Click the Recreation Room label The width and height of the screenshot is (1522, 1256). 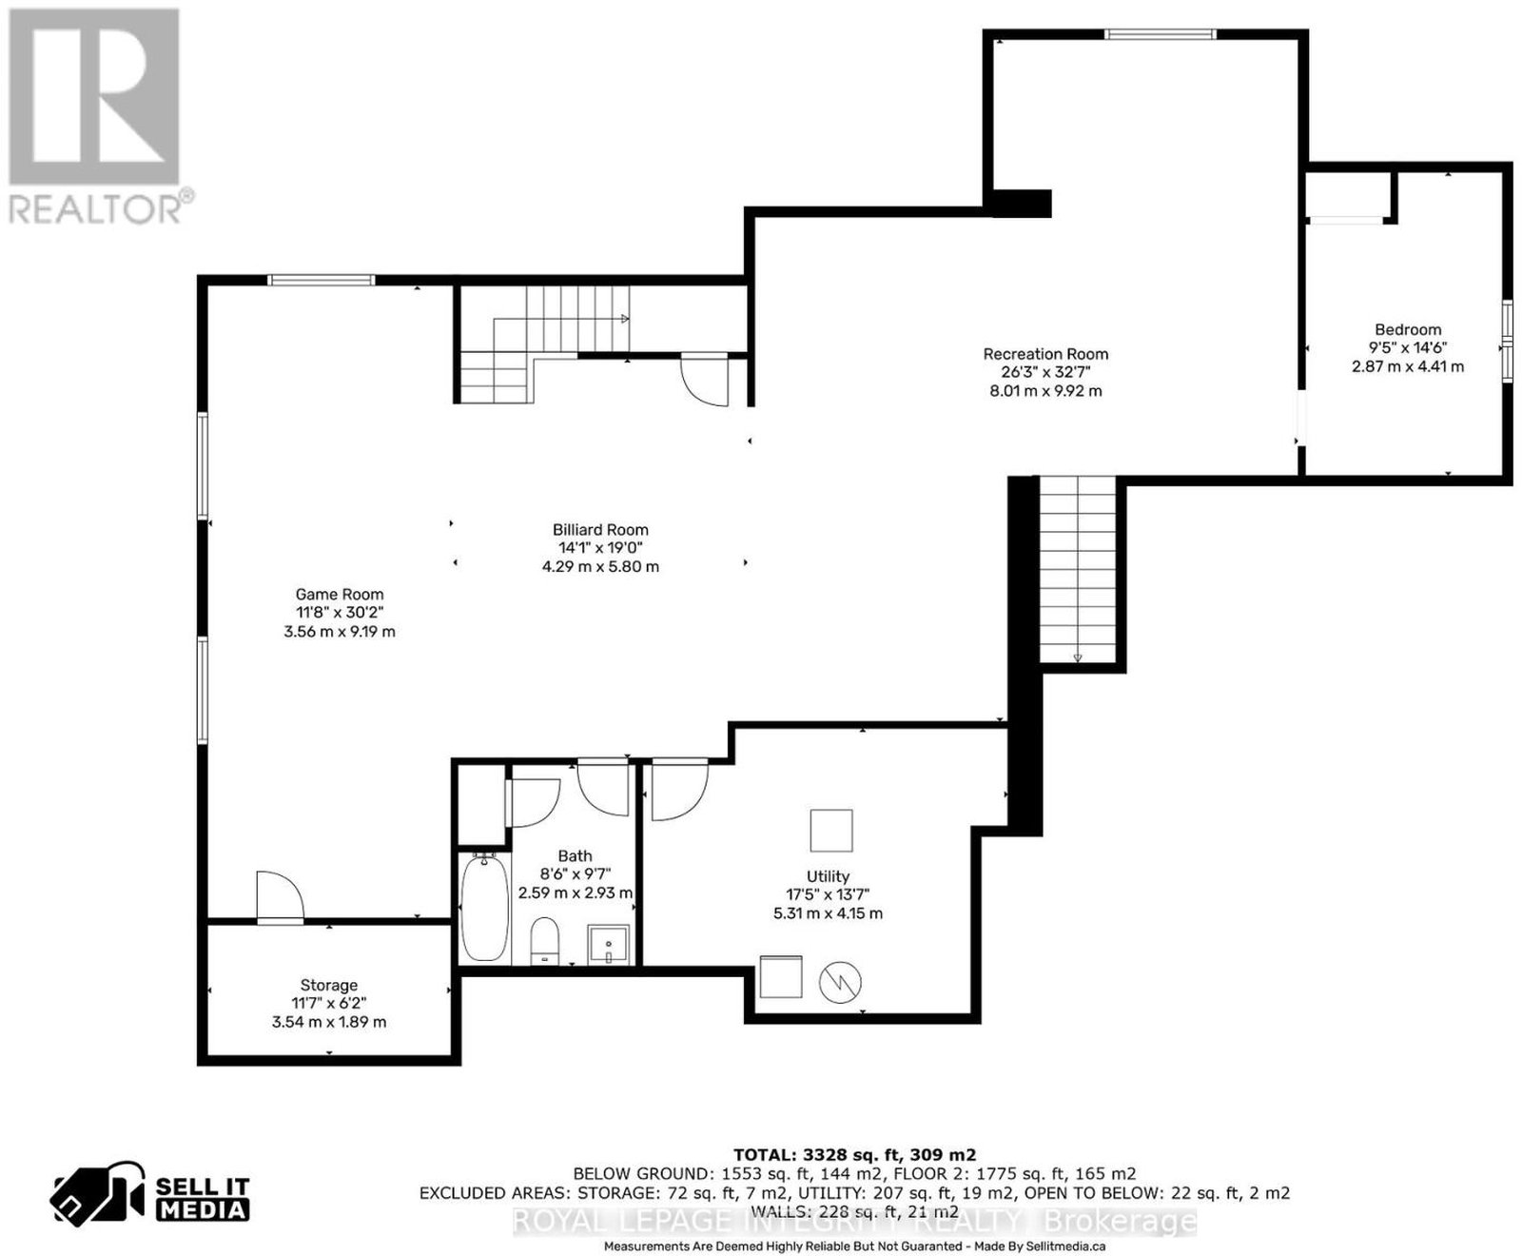click(1045, 354)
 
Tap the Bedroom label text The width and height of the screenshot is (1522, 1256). click(1408, 330)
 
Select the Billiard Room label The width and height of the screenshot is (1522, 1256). click(600, 530)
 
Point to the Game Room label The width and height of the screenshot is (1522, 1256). click(340, 595)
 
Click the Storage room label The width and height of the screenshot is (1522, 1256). click(329, 986)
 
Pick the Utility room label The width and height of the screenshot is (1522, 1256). click(828, 876)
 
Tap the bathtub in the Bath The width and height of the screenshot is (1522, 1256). click(484, 907)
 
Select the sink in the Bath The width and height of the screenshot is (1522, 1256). click(608, 944)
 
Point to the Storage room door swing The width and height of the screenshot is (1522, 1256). click(280, 895)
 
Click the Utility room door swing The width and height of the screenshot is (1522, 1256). click(679, 789)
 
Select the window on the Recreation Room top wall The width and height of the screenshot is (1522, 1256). click(1160, 34)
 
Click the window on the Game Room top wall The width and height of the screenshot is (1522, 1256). click(321, 280)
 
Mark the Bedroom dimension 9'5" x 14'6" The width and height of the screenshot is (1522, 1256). click(1408, 348)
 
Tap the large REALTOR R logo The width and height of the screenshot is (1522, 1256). click(94, 96)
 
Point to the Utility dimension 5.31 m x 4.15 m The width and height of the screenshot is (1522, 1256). click(828, 913)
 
